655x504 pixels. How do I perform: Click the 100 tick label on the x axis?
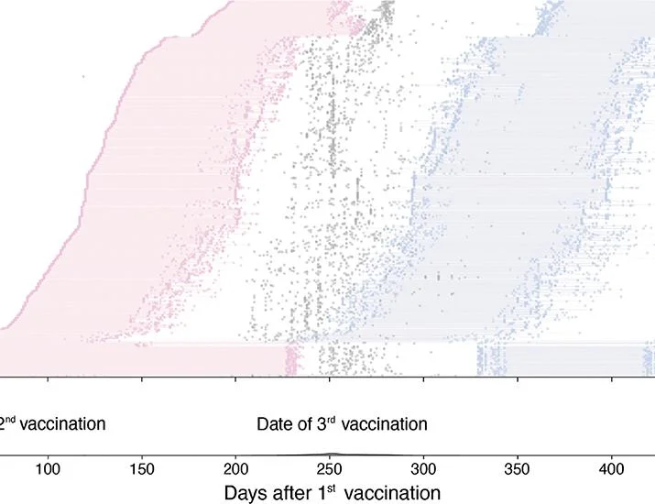coord(48,469)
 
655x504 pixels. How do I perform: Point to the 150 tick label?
coord(142,469)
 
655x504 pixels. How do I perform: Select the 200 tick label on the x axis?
coord(236,469)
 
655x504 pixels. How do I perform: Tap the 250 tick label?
coord(330,469)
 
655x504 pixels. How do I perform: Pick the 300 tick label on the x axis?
coord(423,469)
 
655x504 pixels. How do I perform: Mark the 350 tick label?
coord(518,469)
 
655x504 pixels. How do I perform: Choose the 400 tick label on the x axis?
coord(612,469)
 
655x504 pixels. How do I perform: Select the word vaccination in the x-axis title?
coord(393,493)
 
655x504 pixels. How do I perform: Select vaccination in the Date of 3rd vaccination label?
coord(385,424)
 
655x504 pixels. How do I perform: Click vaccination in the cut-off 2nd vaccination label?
coord(62,424)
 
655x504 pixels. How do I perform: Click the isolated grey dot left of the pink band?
coord(83,76)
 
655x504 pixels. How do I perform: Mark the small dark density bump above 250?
coord(333,454)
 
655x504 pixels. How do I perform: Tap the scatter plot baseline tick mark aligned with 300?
coord(423,379)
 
